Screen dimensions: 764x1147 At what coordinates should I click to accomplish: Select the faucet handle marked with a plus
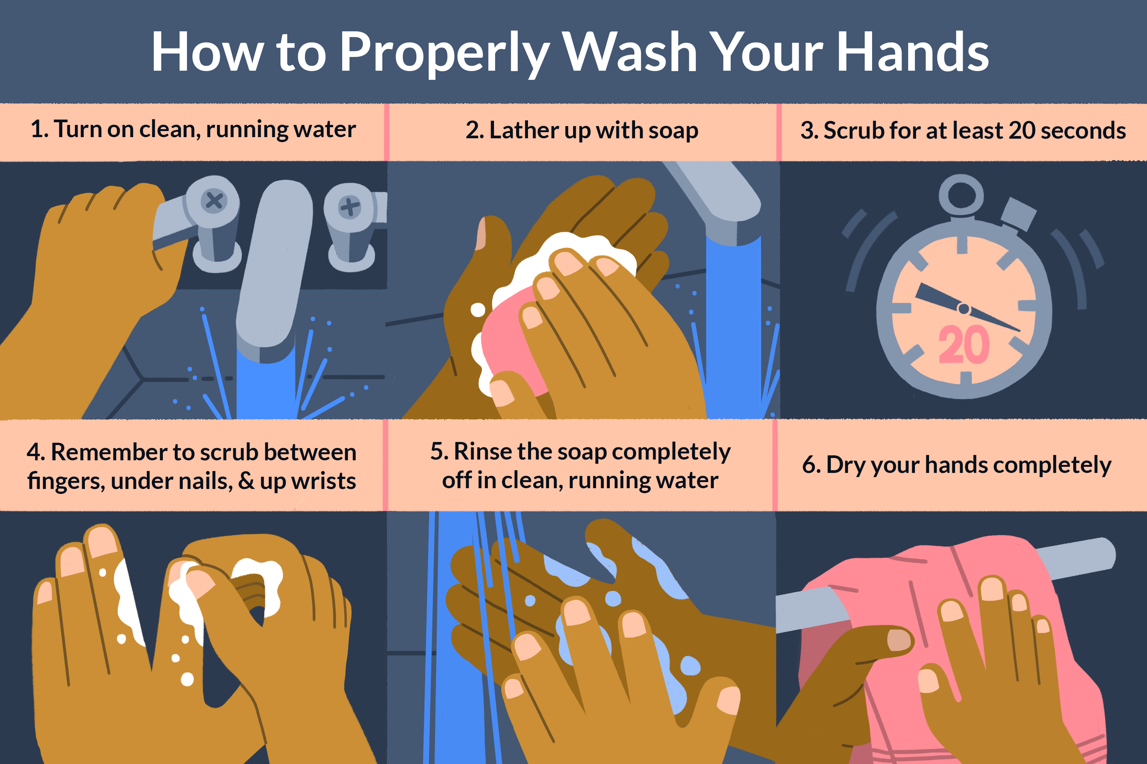[x=350, y=206]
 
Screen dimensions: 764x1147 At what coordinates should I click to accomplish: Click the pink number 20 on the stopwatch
[x=963, y=345]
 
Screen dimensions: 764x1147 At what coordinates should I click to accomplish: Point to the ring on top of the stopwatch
[x=961, y=194]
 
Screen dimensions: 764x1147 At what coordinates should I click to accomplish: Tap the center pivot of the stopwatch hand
[x=963, y=308]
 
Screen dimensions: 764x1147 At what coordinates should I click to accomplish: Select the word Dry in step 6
[x=846, y=465]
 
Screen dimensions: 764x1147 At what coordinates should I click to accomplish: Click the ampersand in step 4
[x=246, y=481]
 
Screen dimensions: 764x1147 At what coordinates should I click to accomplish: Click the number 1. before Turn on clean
[x=39, y=129]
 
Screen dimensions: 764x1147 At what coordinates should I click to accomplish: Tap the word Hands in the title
[x=912, y=53]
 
